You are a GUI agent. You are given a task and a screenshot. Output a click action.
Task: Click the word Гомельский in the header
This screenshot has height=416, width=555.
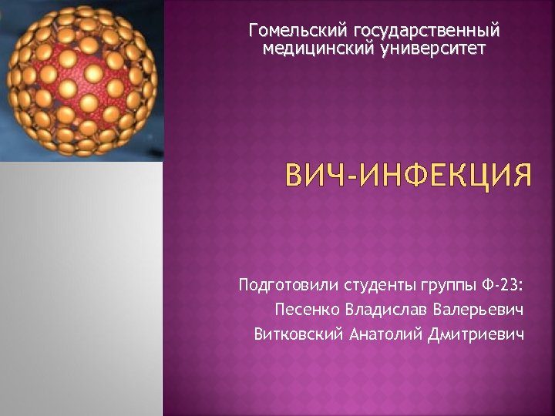298,31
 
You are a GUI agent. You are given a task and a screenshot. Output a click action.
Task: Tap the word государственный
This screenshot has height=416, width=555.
425,31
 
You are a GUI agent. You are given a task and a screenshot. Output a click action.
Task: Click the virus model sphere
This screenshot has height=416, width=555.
81,81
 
